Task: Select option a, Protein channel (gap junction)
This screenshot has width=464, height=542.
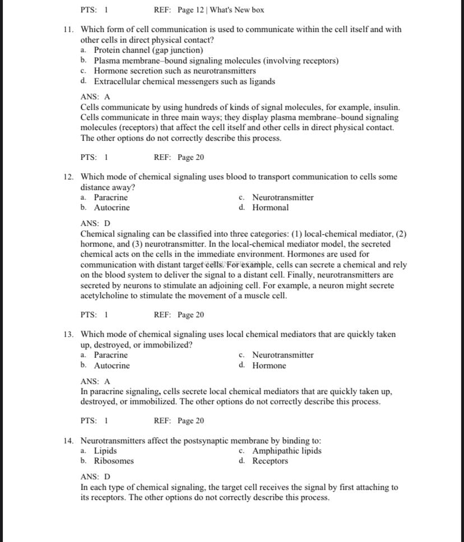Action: (x=148, y=50)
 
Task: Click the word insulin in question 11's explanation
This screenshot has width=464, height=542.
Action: (x=386, y=107)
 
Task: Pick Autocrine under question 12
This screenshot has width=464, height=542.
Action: (x=112, y=208)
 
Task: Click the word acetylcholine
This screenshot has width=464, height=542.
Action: (x=105, y=296)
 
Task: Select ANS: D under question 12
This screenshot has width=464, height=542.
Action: (x=95, y=224)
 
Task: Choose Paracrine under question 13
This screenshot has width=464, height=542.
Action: (x=110, y=355)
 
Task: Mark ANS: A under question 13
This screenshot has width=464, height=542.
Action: (x=95, y=382)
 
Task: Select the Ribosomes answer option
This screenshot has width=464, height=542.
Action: (x=114, y=461)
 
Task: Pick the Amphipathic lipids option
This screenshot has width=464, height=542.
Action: (x=286, y=451)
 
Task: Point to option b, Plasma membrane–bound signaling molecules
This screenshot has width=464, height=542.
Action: (x=216, y=61)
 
